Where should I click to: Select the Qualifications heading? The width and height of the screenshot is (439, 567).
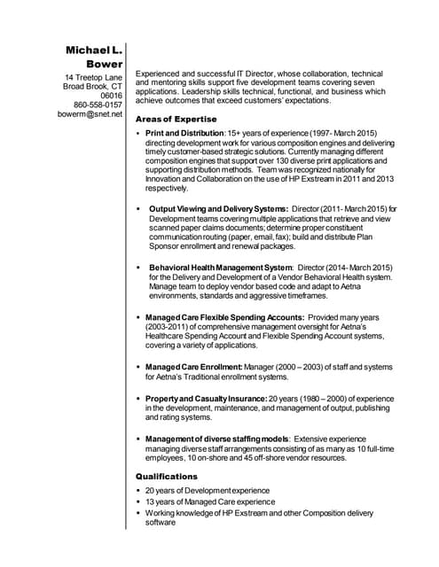[x=166, y=477]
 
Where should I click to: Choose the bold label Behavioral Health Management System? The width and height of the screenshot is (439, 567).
[x=221, y=267]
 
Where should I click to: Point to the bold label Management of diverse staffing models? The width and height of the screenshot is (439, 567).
[x=216, y=439]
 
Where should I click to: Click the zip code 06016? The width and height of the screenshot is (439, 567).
[x=110, y=95]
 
